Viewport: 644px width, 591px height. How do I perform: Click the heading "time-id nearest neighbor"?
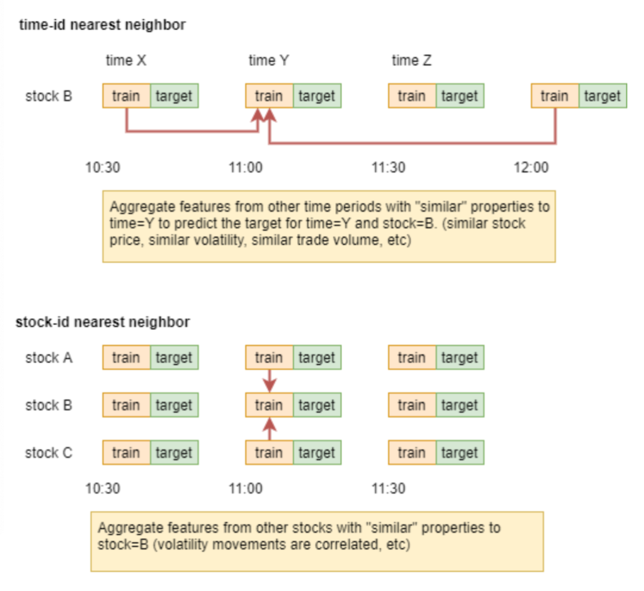(103, 25)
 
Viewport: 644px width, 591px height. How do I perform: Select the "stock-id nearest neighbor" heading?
(103, 322)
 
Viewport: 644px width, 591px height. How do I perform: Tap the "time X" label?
(126, 60)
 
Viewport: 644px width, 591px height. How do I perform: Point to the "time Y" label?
(268, 60)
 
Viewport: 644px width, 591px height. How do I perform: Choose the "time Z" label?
(411, 60)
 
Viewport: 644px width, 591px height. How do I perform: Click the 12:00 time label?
(531, 167)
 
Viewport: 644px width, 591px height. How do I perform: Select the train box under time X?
(126, 96)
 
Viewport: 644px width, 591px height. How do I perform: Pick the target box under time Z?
(460, 96)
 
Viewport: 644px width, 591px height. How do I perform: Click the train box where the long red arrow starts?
(555, 96)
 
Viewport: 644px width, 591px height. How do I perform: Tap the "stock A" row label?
(49, 357)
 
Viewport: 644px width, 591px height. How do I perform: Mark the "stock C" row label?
(49, 453)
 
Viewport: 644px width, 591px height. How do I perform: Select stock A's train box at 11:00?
(270, 357)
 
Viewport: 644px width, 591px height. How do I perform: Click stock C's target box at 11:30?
(460, 453)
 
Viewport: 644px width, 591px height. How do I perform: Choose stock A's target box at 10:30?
(174, 357)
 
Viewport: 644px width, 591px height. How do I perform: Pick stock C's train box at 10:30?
(126, 453)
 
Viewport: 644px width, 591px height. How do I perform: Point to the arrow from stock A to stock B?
(270, 381)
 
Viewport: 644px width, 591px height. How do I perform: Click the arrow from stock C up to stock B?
(270, 429)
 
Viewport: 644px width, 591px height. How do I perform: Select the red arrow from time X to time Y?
(192, 131)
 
